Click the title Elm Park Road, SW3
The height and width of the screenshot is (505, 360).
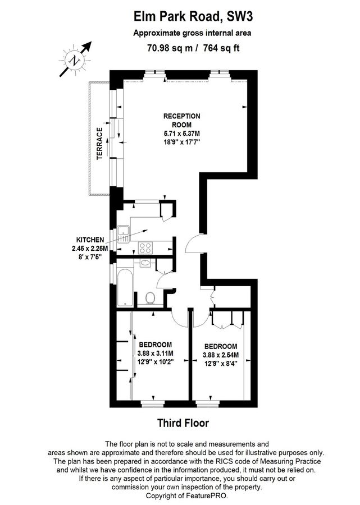tap(193, 16)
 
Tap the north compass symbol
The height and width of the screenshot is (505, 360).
tap(75, 60)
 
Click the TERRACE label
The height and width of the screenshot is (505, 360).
tap(100, 144)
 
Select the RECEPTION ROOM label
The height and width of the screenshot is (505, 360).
tap(182, 121)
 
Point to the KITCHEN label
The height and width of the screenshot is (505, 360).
tap(90, 240)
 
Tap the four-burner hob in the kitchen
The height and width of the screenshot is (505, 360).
tap(145, 247)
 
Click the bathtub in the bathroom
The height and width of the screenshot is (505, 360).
tap(125, 288)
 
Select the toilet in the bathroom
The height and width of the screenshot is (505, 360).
tap(150, 298)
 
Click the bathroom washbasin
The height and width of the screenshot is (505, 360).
tap(145, 263)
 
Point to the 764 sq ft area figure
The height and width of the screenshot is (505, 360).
tap(221, 48)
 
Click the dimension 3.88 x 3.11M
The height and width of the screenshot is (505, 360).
tap(156, 353)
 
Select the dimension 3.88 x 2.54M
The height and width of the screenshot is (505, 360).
tap(221, 355)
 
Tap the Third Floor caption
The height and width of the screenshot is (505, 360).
tap(183, 423)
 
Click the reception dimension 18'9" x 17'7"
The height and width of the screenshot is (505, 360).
tap(182, 142)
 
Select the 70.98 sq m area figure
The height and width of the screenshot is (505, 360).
tap(170, 48)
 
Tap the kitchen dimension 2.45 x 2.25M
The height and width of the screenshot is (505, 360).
tap(90, 249)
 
